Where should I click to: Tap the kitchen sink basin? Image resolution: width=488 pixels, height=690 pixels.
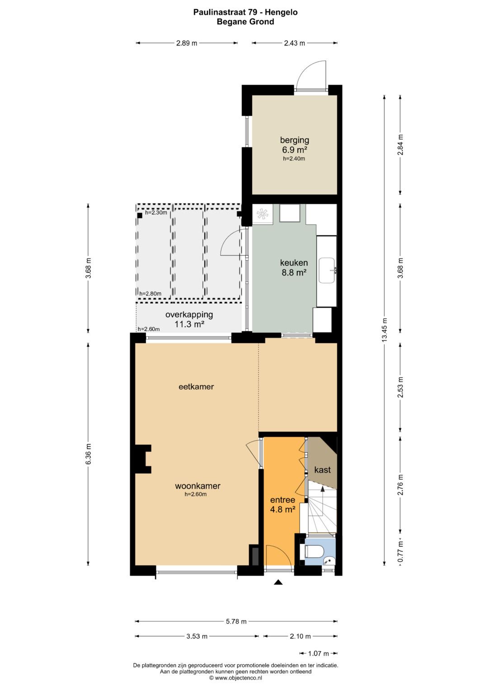327,271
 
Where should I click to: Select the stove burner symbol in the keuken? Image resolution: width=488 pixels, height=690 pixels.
262,214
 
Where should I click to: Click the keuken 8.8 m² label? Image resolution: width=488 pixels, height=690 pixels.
294,268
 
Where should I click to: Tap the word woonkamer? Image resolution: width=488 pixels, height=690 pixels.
197,486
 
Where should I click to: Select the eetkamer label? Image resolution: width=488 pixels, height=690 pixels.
196,387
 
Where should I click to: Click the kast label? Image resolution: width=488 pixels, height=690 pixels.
322,470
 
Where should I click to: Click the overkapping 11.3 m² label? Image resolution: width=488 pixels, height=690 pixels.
189,319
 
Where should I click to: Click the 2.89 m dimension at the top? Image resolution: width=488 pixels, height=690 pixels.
187,43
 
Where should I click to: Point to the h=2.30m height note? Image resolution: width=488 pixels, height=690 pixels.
156,212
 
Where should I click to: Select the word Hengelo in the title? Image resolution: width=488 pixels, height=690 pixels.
281,12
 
